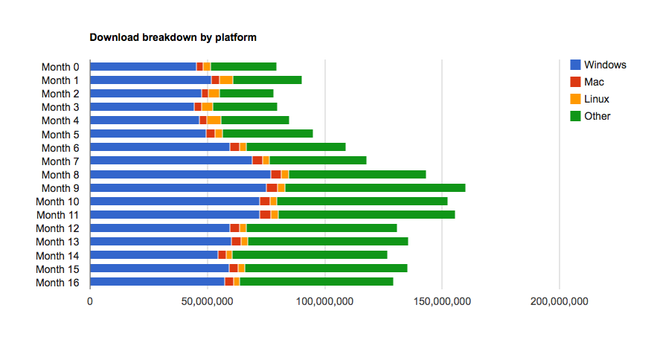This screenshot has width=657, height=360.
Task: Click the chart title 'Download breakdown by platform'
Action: coord(173,36)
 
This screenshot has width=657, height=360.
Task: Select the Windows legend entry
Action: coord(605,65)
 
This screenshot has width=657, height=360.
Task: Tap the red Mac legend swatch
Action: coord(575,82)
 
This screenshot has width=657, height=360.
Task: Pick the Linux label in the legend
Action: coord(597,99)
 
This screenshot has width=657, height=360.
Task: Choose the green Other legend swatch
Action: coord(575,116)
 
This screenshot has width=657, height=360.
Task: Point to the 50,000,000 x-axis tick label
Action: coord(207,301)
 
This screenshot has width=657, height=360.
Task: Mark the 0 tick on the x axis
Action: coord(90,301)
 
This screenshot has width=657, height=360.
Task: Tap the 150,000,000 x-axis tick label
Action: coord(441,301)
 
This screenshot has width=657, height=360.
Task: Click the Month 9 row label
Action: coord(60,188)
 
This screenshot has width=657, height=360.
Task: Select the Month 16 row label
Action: coord(57,282)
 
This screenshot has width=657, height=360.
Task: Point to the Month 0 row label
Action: coord(60,67)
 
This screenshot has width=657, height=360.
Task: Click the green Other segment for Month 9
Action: coord(375,188)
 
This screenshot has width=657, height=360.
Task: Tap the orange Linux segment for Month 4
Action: coord(214,120)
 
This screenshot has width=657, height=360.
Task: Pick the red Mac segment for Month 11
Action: coord(265,215)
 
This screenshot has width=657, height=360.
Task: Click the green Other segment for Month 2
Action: coord(246,94)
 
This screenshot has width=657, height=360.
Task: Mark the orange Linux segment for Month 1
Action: coord(226,80)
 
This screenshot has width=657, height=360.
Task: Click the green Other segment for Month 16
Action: coord(316,282)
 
